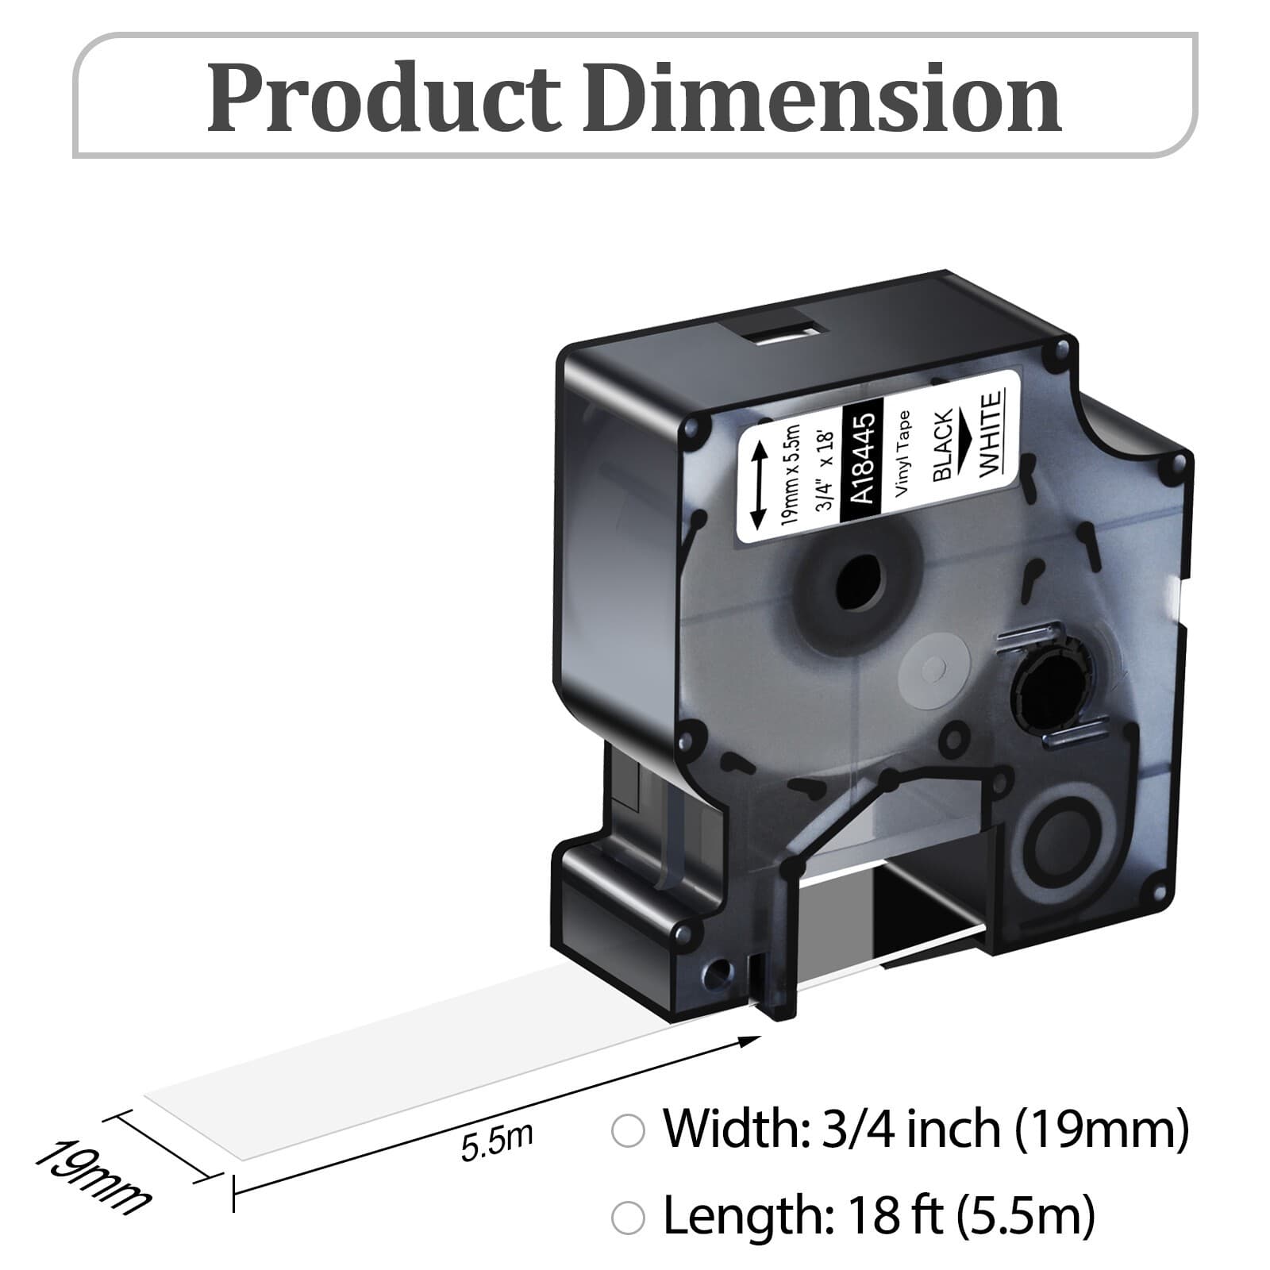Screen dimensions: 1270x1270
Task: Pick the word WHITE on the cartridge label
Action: point(992,436)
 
